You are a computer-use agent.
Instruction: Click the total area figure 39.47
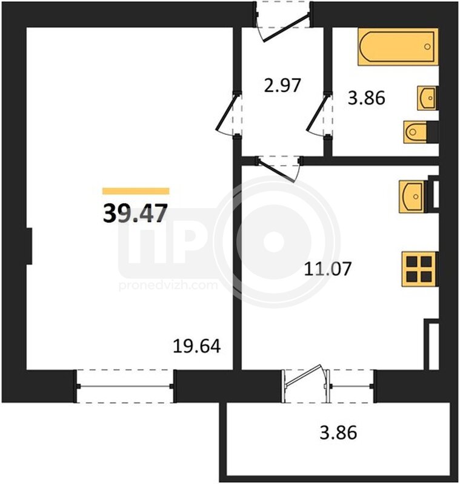[x=135, y=214]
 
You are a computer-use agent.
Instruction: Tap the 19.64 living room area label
[x=196, y=346]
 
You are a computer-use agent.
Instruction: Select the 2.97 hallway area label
[x=282, y=85]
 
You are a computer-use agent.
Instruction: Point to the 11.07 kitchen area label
[x=328, y=269]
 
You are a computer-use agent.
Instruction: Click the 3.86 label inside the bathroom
[x=366, y=98]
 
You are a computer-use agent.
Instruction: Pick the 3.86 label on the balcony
[x=338, y=433]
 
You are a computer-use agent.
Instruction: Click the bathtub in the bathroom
[x=398, y=47]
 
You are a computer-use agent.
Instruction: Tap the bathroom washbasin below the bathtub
[x=427, y=98]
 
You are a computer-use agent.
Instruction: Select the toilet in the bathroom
[x=421, y=132]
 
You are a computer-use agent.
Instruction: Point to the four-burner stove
[x=419, y=269]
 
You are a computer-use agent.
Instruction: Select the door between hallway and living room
[x=228, y=114]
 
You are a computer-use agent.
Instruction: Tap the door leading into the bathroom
[x=319, y=114]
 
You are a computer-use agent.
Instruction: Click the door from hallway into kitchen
[x=279, y=169]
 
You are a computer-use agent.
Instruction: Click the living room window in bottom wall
[x=125, y=386]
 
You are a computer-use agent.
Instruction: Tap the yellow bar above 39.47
[x=136, y=191]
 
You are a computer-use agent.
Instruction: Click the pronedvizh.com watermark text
[x=168, y=285]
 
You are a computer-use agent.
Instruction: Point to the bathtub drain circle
[x=427, y=47]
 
